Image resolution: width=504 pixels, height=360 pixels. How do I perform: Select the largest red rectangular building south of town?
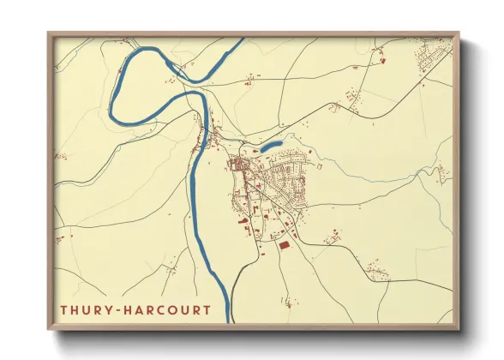click(284, 246)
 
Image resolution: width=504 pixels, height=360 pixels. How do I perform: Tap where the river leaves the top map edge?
click(237, 39)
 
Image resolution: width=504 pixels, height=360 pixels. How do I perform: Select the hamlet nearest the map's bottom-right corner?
click(376, 274)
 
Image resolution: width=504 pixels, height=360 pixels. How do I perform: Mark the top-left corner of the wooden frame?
click(48, 33)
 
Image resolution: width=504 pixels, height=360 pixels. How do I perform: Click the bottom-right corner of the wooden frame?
click(459, 330)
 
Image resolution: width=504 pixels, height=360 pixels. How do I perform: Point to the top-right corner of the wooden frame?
click(459, 33)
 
